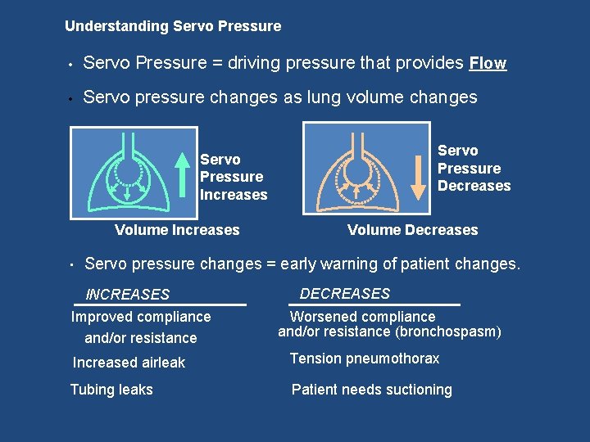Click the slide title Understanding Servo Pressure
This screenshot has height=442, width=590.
(x=172, y=26)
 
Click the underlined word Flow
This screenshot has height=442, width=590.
(x=488, y=63)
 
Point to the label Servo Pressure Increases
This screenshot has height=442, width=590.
(x=234, y=177)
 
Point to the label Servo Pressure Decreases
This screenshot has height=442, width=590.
(x=474, y=168)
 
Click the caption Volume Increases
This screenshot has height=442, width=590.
(x=177, y=230)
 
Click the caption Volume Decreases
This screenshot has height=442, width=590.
(x=412, y=230)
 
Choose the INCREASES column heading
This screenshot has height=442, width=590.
(x=128, y=295)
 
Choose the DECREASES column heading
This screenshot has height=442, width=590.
(x=345, y=293)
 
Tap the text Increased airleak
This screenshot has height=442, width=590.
(x=129, y=363)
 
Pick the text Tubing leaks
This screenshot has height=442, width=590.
(x=111, y=390)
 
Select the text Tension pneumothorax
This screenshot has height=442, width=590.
(x=365, y=359)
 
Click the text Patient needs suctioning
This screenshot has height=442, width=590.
(x=371, y=390)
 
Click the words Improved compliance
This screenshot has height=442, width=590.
(x=141, y=317)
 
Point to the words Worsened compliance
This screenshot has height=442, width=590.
(x=363, y=316)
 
